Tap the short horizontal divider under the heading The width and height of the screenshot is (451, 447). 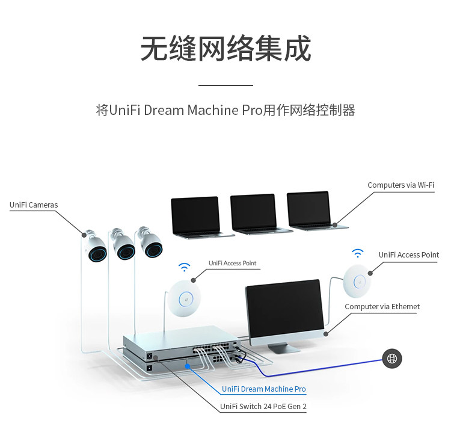(x=226, y=86)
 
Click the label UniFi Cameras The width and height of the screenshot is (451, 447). (x=34, y=205)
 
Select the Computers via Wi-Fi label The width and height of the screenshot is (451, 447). (x=400, y=185)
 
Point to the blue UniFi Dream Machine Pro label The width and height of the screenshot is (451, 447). (x=264, y=389)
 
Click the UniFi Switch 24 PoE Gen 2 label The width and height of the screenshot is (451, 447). (x=263, y=407)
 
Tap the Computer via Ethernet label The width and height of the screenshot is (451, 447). (x=382, y=307)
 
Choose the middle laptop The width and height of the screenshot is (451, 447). (x=253, y=214)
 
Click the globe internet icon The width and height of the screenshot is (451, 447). (x=392, y=359)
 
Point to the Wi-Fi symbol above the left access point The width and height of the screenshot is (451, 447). (x=184, y=267)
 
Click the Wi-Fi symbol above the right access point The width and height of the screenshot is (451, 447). (x=358, y=253)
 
